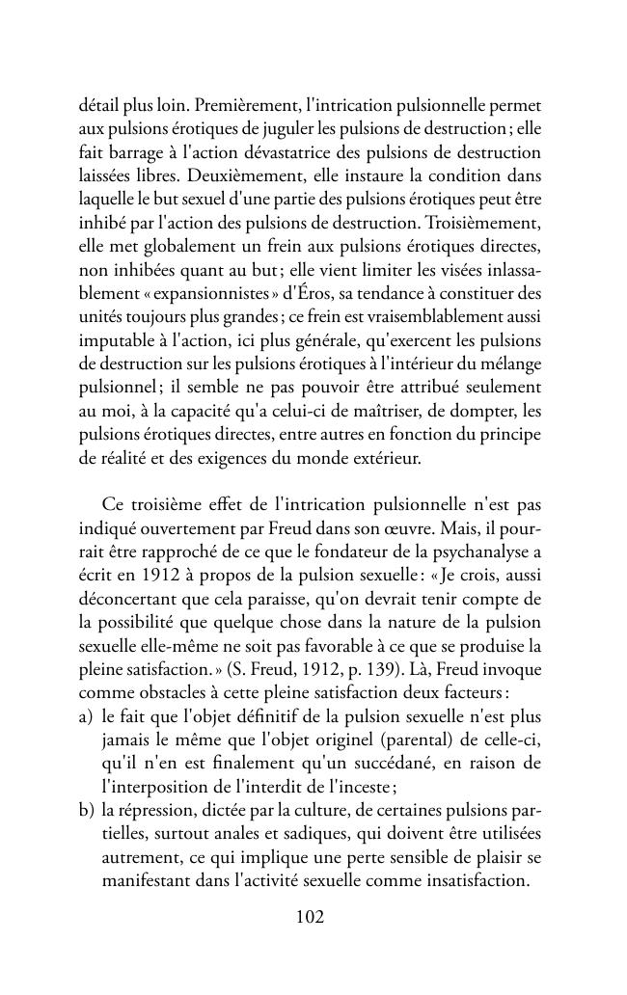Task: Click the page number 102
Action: coord(310,917)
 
